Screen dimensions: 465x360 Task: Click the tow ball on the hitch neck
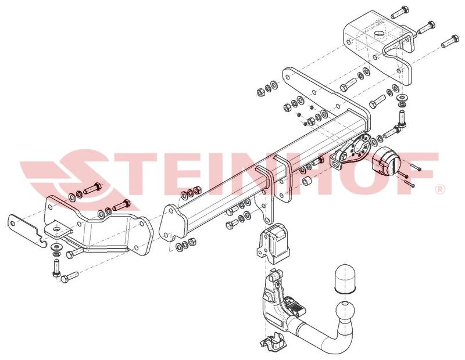[x=345, y=311]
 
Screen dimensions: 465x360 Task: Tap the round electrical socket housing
[x=384, y=161]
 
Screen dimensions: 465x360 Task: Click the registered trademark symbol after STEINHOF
[x=441, y=189]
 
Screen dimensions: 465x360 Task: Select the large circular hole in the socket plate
[x=362, y=146]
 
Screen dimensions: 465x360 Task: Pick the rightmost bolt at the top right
[x=450, y=41]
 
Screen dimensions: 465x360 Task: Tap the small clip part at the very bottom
[x=272, y=343]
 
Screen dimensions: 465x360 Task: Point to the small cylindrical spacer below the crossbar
[x=306, y=181]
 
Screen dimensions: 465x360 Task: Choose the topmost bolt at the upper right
[x=400, y=11]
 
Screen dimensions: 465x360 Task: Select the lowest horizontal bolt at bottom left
[x=70, y=276]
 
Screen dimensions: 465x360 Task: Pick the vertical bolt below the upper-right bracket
[x=402, y=118]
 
